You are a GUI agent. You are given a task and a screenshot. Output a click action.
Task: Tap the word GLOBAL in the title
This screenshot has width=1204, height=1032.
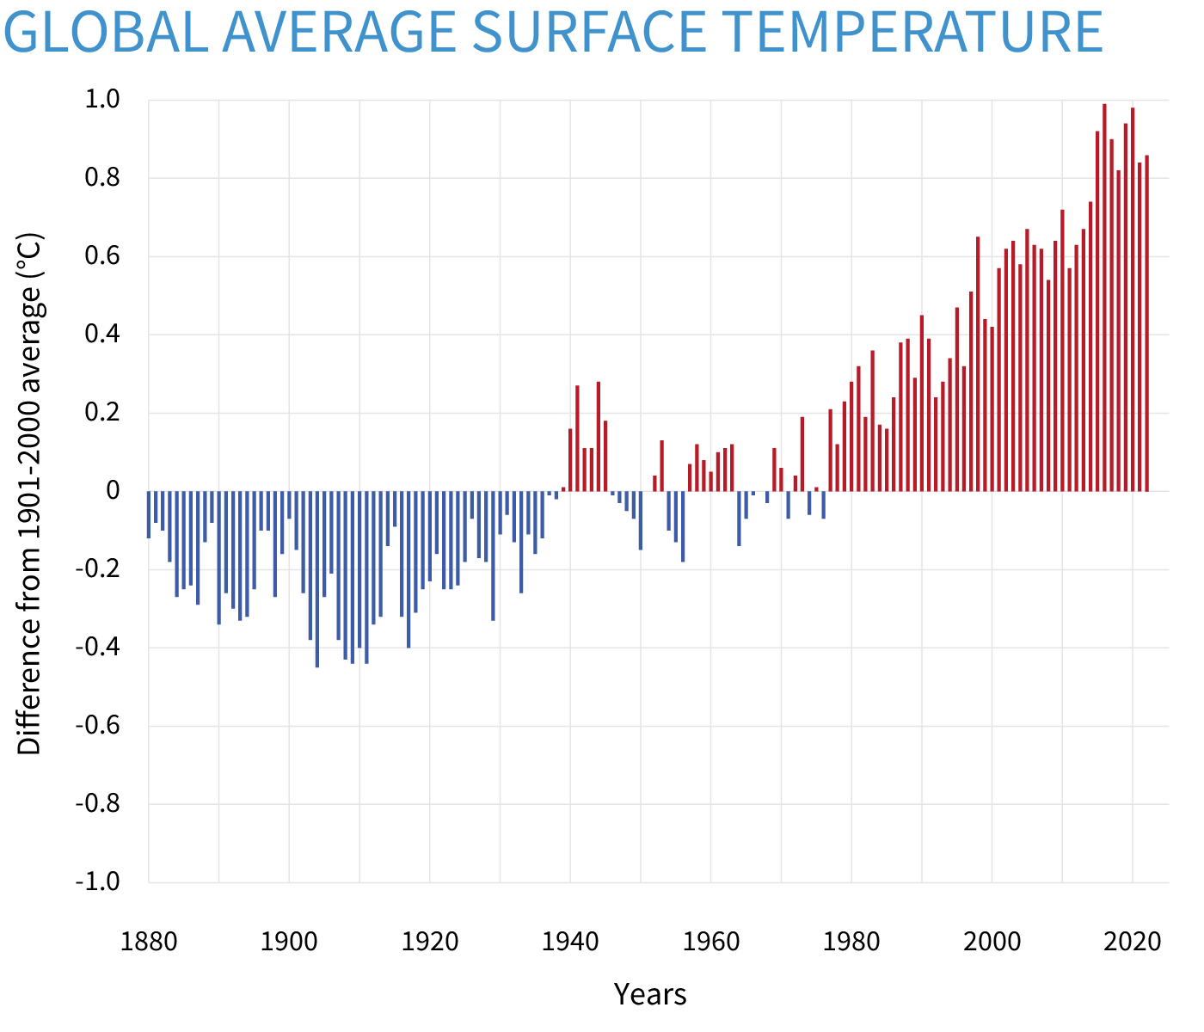click(x=103, y=32)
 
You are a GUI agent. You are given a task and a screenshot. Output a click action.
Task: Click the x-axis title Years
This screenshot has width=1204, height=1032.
click(x=650, y=994)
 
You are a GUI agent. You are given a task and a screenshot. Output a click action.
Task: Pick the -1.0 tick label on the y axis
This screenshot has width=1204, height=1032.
click(x=97, y=882)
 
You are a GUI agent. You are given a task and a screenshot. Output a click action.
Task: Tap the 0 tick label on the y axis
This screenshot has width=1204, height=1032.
click(x=113, y=491)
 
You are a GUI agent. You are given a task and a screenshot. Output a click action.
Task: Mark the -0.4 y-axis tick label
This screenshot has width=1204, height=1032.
click(x=97, y=648)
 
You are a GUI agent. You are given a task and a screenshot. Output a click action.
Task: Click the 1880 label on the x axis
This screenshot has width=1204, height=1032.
click(x=149, y=942)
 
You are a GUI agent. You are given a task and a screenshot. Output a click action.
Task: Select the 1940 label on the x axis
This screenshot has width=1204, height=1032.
click(x=570, y=942)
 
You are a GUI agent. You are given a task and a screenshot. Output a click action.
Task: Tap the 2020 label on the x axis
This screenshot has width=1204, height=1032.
click(x=1133, y=942)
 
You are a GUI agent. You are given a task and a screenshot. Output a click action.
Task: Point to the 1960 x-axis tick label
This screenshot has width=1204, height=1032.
click(x=711, y=942)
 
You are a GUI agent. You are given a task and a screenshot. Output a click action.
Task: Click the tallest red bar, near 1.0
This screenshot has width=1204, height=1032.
click(x=1104, y=297)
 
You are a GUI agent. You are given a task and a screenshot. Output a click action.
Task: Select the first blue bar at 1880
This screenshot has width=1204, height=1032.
click(x=149, y=514)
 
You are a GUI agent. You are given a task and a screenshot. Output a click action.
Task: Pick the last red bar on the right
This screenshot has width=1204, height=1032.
click(x=1146, y=323)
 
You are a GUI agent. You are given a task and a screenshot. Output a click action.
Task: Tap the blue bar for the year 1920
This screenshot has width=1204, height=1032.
click(x=430, y=536)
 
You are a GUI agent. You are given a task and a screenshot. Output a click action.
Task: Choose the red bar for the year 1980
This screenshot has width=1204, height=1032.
click(x=851, y=437)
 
